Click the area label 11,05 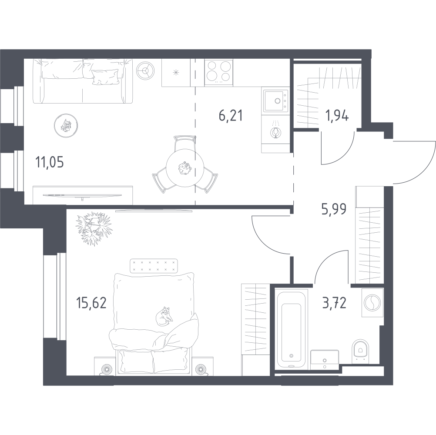point(49,163)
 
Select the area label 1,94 point(337,116)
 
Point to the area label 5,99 point(334,210)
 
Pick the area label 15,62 point(91,303)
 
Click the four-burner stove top point(219,71)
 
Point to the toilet point(360,351)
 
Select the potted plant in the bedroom point(93,228)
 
